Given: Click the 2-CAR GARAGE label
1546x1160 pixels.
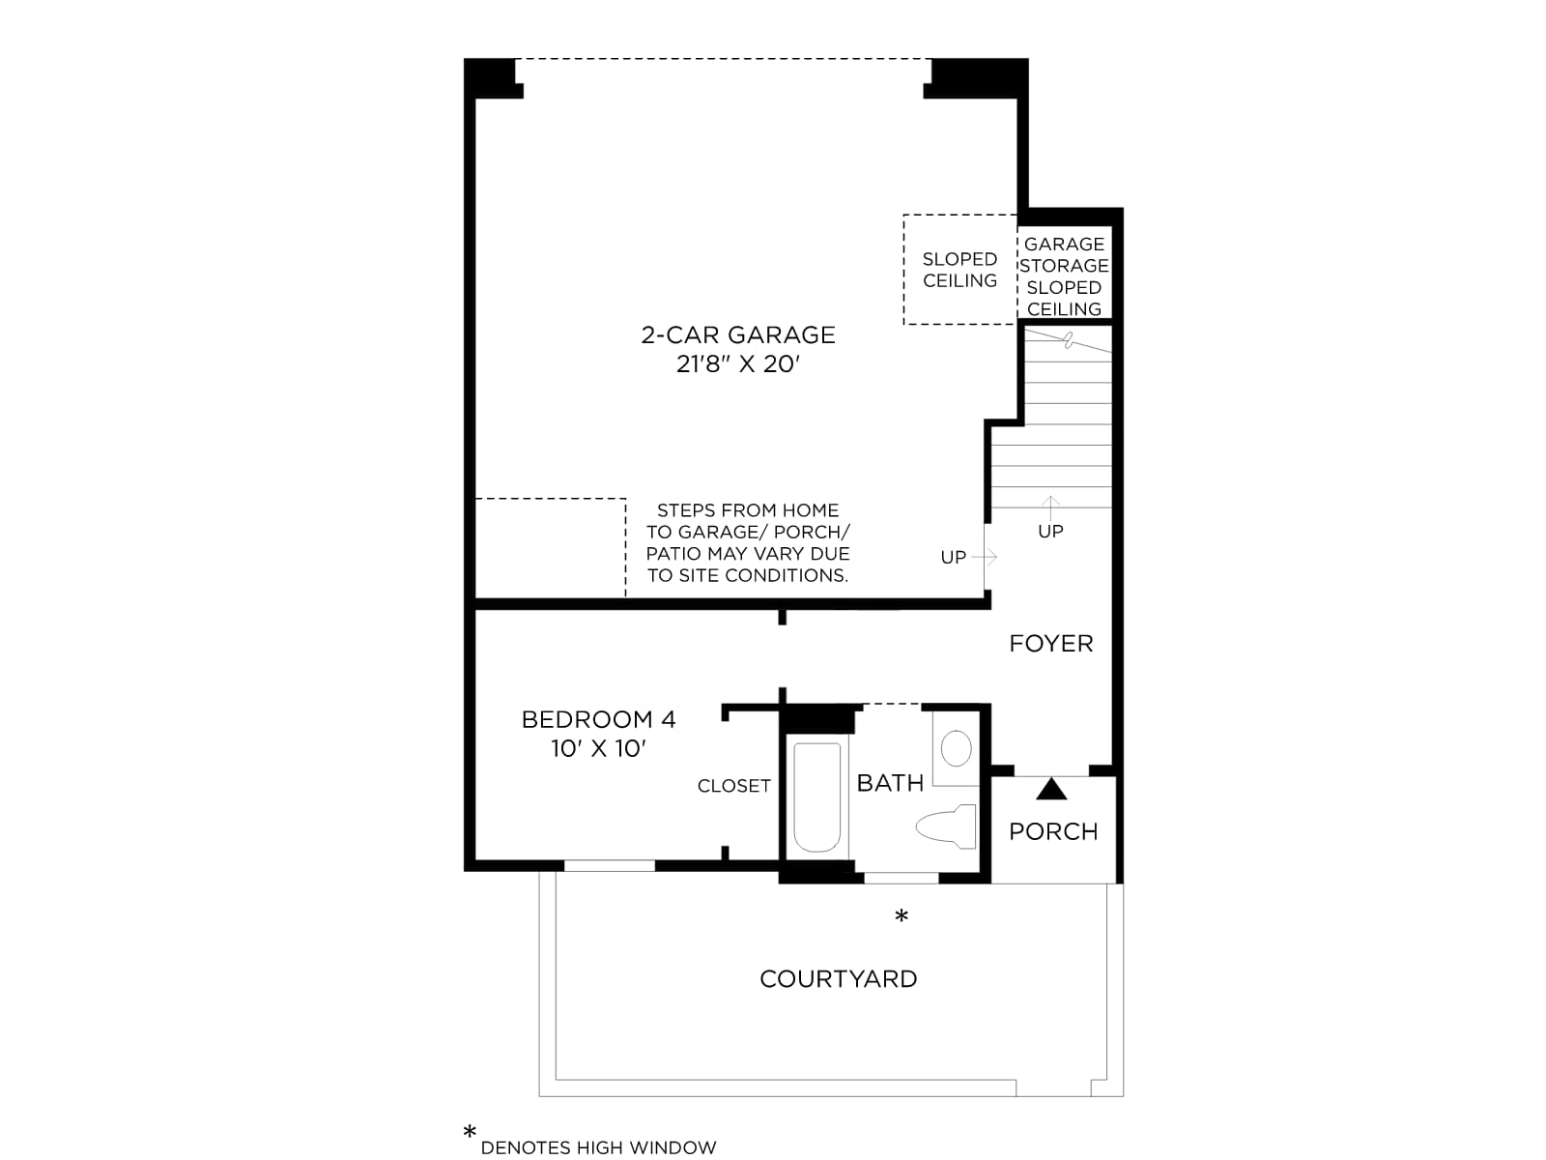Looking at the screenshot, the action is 737,334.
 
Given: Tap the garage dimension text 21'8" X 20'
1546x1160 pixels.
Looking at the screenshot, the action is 737,364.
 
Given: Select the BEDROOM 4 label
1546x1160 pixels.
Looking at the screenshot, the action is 598,719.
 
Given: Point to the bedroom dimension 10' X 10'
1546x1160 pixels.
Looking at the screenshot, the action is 598,748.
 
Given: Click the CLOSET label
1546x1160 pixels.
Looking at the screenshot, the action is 734,786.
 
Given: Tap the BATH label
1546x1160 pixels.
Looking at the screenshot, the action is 890,783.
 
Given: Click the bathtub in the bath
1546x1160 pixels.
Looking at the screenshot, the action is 817,797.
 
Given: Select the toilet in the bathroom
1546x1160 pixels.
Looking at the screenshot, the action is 946,826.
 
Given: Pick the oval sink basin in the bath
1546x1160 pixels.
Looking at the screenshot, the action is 956,748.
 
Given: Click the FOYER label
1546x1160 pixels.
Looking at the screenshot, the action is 1051,643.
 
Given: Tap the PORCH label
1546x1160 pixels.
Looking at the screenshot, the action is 1053,831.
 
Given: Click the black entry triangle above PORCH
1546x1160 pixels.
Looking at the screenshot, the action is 1051,790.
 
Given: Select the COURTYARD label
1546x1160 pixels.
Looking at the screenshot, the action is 838,979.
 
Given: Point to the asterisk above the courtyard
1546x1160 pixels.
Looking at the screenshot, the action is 902,915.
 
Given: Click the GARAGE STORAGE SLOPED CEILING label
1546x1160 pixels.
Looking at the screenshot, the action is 1064,276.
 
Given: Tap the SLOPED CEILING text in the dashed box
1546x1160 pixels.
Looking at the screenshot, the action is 960,270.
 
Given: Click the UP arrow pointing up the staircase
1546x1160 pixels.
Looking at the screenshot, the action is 1050,507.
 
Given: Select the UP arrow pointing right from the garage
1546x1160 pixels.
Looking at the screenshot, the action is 985,557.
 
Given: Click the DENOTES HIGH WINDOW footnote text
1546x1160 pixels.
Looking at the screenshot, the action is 598,1148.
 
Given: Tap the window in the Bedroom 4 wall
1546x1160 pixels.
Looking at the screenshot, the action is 610,865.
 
